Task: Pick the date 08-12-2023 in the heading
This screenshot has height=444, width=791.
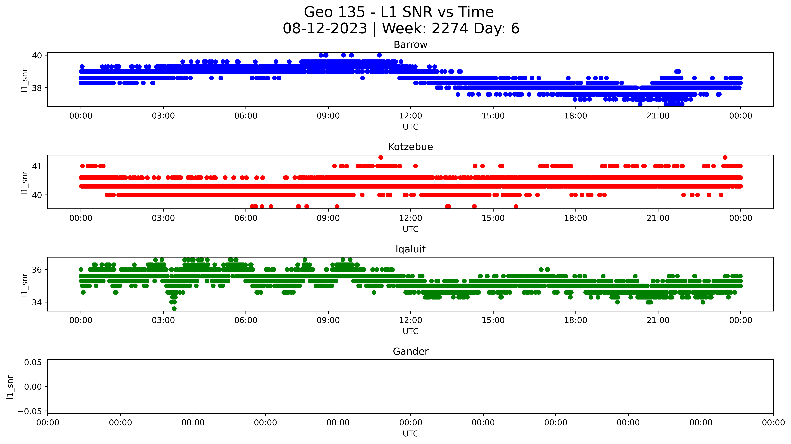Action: tap(325, 29)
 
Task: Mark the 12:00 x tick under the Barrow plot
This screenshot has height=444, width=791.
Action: tap(411, 116)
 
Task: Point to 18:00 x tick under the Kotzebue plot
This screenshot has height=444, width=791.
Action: tap(575, 218)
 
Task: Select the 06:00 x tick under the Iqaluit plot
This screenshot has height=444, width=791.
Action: tap(246, 320)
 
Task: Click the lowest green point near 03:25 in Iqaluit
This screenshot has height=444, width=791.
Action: tap(174, 308)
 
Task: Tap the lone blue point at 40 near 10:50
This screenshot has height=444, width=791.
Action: tap(379, 55)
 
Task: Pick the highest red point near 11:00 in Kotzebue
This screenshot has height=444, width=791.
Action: tap(381, 157)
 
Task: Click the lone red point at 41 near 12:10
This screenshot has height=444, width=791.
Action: tap(415, 166)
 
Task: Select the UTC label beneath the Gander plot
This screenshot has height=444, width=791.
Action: tap(411, 434)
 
